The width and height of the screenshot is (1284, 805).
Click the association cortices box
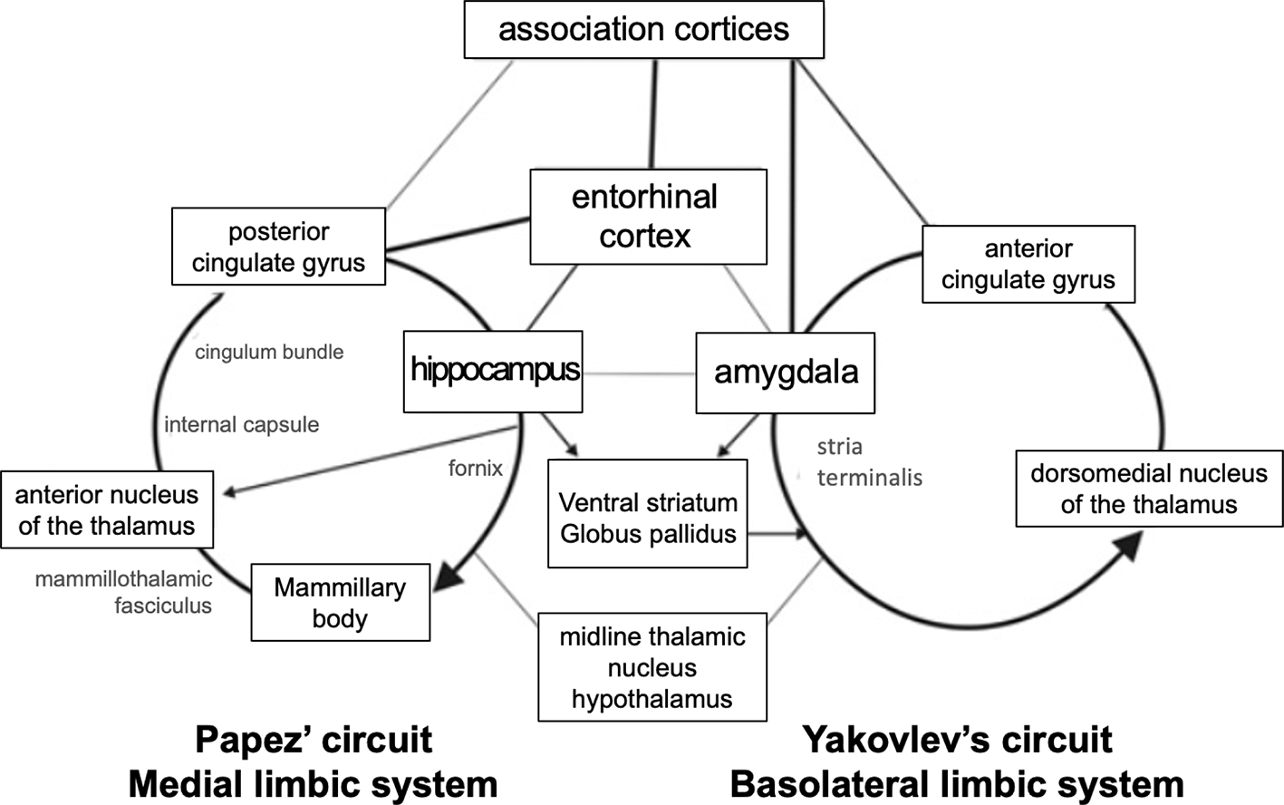click(643, 29)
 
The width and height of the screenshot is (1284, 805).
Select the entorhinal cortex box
click(648, 217)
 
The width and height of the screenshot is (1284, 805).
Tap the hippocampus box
click(493, 372)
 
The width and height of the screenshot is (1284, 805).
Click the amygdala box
click(785, 373)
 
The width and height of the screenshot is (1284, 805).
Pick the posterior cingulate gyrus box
click(278, 247)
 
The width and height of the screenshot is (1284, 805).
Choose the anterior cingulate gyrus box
click(1028, 264)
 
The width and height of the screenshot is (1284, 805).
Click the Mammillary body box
click(340, 603)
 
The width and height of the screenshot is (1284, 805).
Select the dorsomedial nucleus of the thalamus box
click(1149, 489)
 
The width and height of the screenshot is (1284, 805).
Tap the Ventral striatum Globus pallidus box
click(648, 518)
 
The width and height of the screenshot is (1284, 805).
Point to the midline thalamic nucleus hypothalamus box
click(652, 667)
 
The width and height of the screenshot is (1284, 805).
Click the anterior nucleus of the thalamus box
click(107, 509)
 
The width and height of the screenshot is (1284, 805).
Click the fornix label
click(475, 468)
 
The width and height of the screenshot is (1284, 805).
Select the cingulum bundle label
click(269, 352)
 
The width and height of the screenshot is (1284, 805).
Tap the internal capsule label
click(241, 424)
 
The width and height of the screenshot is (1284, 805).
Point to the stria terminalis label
click(868, 462)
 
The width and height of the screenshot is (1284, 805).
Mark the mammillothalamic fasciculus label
click(123, 592)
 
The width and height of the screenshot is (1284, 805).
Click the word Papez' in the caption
click(254, 741)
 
